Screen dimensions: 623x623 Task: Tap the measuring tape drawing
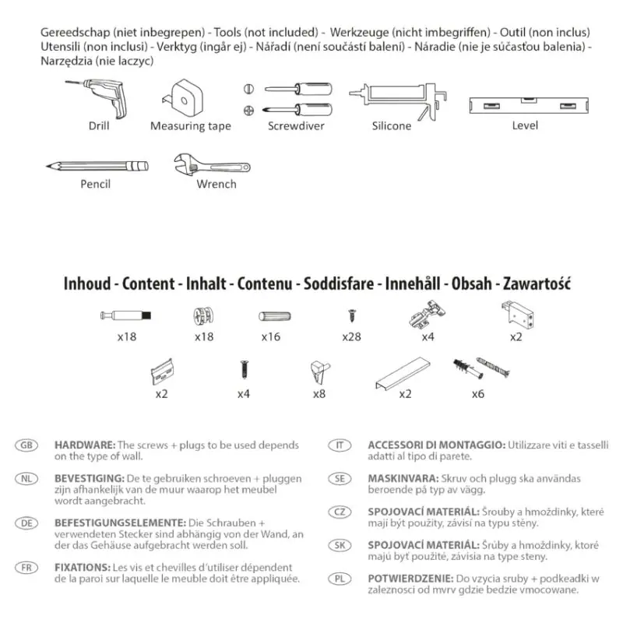tap(188, 97)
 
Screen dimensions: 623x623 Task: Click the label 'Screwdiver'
tap(296, 126)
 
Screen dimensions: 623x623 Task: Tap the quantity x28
tap(351, 337)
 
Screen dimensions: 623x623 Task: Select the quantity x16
tap(270, 337)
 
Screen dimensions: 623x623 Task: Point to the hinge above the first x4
tap(425, 315)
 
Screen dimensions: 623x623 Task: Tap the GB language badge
tap(26, 445)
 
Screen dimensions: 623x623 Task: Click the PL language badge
tap(340, 580)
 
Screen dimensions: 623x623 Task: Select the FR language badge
tap(26, 568)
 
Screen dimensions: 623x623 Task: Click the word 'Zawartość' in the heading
tap(537, 283)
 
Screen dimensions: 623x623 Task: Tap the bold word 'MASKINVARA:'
tap(403, 478)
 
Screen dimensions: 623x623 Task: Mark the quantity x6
tap(477, 394)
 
